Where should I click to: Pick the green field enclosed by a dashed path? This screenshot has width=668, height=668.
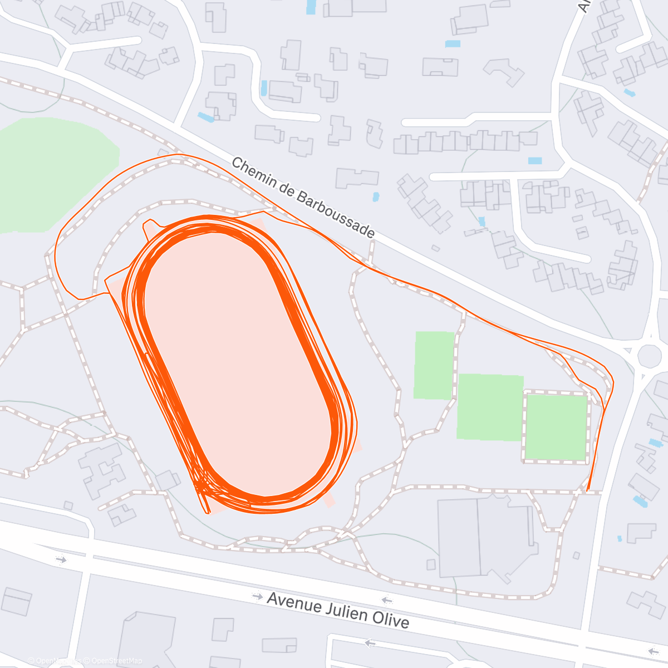pyautogui.click(x=556, y=427)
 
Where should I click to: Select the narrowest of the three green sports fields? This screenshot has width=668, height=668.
pyautogui.click(x=434, y=365)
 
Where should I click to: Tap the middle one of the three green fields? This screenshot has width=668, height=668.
pyautogui.click(x=490, y=407)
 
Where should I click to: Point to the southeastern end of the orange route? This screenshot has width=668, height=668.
pyautogui.click(x=588, y=490)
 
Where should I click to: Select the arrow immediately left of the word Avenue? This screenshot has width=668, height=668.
pyautogui.click(x=257, y=596)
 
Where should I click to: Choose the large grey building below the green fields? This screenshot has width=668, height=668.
pyautogui.click(x=484, y=534)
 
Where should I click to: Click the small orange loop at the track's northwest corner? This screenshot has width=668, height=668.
pyautogui.click(x=149, y=225)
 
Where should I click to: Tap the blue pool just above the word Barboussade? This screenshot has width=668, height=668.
pyautogui.click(x=376, y=197)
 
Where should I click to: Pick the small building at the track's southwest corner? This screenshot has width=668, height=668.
pyautogui.click(x=168, y=480)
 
